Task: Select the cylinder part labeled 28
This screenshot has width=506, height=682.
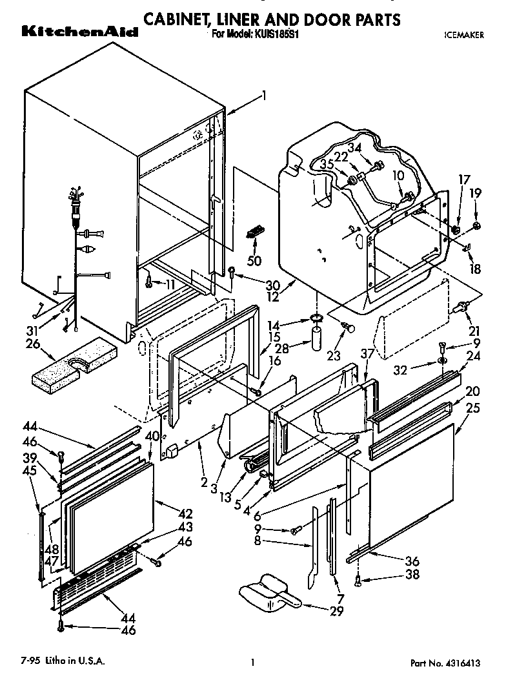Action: point(318,338)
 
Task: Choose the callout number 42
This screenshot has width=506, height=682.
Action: point(185,515)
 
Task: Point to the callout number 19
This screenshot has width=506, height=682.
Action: point(475,192)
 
